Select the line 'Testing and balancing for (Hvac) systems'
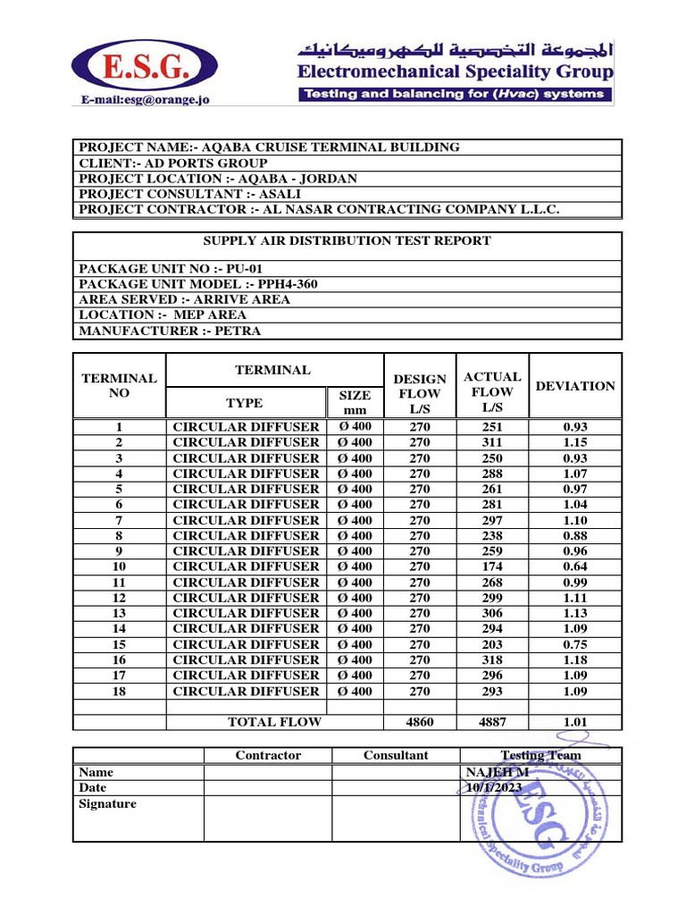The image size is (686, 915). click(x=455, y=94)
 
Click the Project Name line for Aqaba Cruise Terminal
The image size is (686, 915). click(x=269, y=147)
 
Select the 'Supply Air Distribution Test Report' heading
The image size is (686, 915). click(x=347, y=240)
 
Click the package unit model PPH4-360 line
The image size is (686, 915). click(x=198, y=283)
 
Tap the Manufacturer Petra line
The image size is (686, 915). click(x=170, y=331)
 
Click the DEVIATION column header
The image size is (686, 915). click(x=574, y=386)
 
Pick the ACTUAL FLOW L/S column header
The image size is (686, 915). click(x=492, y=392)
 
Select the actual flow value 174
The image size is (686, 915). click(x=492, y=567)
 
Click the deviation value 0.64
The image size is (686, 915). click(x=574, y=567)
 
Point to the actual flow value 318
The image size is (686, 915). click(x=492, y=659)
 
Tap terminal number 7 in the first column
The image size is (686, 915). click(x=119, y=520)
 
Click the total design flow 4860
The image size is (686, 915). click(x=419, y=722)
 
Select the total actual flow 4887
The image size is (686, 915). click(x=492, y=722)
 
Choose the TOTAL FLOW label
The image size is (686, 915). click(x=274, y=722)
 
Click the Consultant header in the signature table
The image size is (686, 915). click(x=396, y=755)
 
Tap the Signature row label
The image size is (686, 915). click(x=107, y=803)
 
